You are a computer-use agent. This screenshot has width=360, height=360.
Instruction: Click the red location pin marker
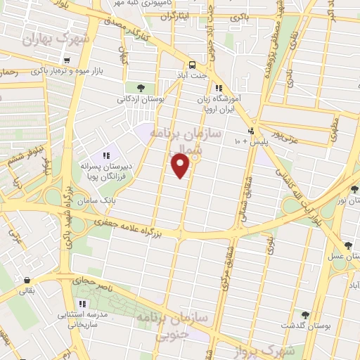pyautogui.click(x=181, y=165)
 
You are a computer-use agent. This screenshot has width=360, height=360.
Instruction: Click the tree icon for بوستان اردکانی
pyautogui.click(x=141, y=89)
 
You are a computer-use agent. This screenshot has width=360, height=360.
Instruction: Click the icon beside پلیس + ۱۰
pyautogui.click(x=250, y=131)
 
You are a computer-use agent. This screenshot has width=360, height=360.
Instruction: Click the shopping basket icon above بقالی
pyautogui.click(x=26, y=279)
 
